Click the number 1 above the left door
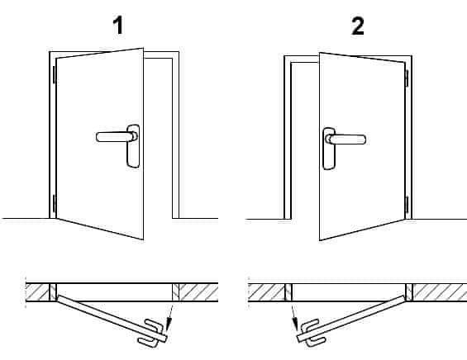(x=119, y=26)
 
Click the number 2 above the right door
(x=358, y=26)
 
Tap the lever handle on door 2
(x=346, y=140)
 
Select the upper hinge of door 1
(x=55, y=74)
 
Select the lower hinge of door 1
(x=55, y=203)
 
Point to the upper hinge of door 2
(x=407, y=78)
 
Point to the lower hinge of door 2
(x=407, y=205)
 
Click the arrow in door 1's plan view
(x=169, y=318)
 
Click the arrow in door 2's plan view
(x=294, y=318)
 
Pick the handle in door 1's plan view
(x=151, y=334)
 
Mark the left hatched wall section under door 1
(x=37, y=292)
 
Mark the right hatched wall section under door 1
(x=198, y=292)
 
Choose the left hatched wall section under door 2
(x=266, y=292)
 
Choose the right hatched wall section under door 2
(x=440, y=292)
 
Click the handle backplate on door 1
(x=133, y=146)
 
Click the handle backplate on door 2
(x=329, y=149)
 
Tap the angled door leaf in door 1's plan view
(x=112, y=319)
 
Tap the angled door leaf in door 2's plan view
(x=351, y=319)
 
